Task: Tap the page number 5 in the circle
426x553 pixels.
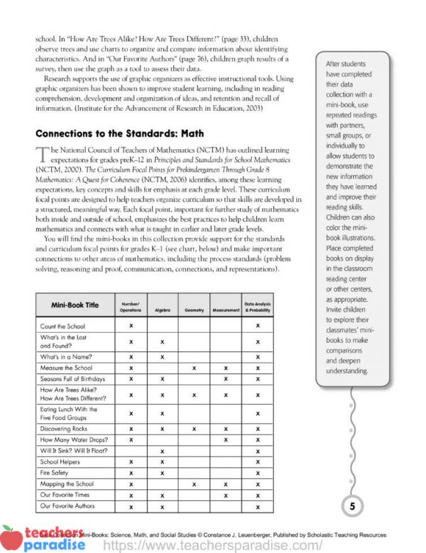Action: [351, 506]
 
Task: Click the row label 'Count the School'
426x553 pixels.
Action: [63, 325]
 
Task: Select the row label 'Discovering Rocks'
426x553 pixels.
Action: [65, 429]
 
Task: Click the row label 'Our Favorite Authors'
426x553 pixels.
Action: [67, 505]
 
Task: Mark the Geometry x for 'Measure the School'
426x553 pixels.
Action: [194, 368]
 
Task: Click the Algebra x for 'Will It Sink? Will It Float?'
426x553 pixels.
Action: [163, 451]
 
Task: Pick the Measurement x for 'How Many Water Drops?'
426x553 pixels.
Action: [225, 440]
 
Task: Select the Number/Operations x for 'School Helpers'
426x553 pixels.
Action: [131, 461]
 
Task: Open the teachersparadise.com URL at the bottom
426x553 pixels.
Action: [213, 545]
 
